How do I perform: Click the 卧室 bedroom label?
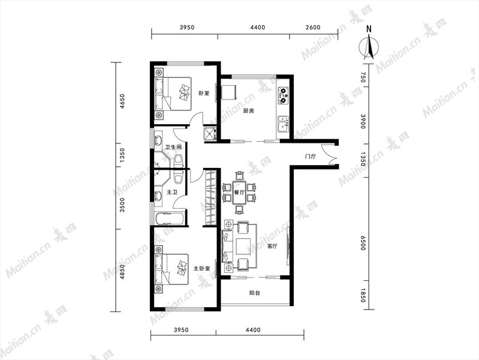pyautogui.click(x=204, y=93)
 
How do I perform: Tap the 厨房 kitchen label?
pyautogui.click(x=248, y=111)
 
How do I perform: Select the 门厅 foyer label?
pyautogui.click(x=311, y=157)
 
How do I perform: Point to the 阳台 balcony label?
pyautogui.click(x=254, y=293)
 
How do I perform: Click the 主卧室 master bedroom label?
pyautogui.click(x=201, y=269)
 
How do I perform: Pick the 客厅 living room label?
pyautogui.click(x=272, y=246)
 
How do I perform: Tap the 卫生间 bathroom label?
pyautogui.click(x=173, y=147)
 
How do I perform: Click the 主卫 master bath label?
pyautogui.click(x=172, y=193)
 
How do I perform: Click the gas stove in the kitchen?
pyautogui.click(x=283, y=95)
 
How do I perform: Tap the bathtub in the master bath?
pyautogui.click(x=170, y=218)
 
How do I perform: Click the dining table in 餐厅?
pyautogui.click(x=240, y=193)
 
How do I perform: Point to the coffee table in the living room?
pyautogui.click(x=243, y=247)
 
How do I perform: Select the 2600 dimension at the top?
pyautogui.click(x=313, y=27)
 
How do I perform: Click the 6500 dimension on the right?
pyautogui.click(x=363, y=243)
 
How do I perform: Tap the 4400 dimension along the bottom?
pyautogui.click(x=253, y=330)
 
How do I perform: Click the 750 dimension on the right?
pyautogui.click(x=363, y=77)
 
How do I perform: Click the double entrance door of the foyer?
pyautogui.click(x=332, y=154)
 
